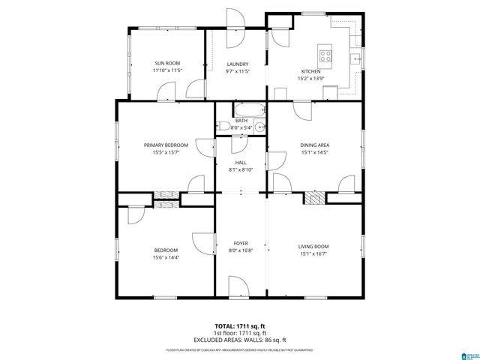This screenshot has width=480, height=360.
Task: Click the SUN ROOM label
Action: click(166, 64)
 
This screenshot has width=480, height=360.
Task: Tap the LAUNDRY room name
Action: click(237, 64)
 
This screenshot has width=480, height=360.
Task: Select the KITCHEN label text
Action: click(311, 71)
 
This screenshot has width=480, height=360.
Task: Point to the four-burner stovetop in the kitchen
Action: click(325, 53)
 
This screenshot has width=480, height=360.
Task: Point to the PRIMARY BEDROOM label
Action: click(165, 145)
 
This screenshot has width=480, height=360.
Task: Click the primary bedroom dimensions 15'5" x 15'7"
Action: click(165, 152)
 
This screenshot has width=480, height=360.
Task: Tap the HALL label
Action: click(240, 162)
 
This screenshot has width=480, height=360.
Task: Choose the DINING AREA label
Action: click(315, 145)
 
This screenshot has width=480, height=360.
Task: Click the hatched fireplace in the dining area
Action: click(319, 196)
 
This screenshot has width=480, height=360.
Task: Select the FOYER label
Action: click(240, 244)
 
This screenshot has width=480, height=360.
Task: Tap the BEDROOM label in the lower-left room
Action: click(166, 250)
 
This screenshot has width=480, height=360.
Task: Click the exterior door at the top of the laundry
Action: click(237, 21)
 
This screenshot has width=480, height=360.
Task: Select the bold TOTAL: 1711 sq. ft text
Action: click(240, 326)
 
